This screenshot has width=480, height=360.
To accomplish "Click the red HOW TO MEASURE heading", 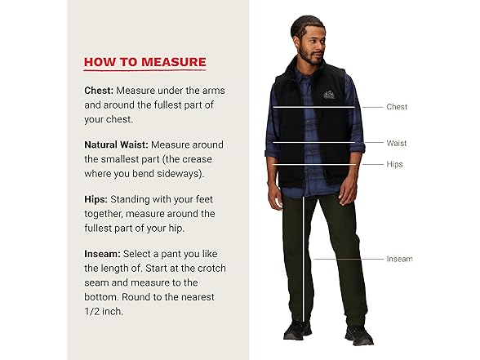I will pyautogui.click(x=144, y=62).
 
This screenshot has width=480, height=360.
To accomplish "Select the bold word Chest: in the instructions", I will pyautogui.click(x=100, y=90).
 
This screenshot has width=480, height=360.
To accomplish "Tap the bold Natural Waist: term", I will pyautogui.click(x=116, y=144).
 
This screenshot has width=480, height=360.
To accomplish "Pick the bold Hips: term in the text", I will pyautogui.click(x=96, y=199).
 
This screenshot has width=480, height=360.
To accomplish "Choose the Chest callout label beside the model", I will pyautogui.click(x=397, y=107).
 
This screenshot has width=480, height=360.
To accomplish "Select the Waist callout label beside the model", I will pyautogui.click(x=396, y=143).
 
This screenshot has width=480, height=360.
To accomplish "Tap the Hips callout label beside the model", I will pyautogui.click(x=395, y=164).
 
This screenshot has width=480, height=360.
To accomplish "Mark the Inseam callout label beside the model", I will pyautogui.click(x=399, y=259).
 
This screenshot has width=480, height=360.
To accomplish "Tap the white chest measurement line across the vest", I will pyautogui.click(x=313, y=107).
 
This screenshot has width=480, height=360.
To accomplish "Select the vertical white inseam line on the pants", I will pyautogui.click(x=304, y=261).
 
